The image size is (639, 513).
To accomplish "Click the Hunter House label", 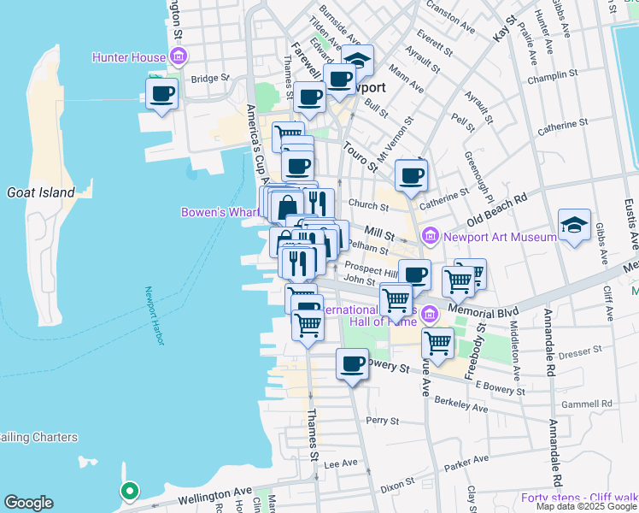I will [x=129, y=58].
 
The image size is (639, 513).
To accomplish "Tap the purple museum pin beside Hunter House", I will [x=179, y=58].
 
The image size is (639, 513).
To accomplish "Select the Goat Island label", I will [x=41, y=192].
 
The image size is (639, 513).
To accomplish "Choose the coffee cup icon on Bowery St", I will [x=352, y=364].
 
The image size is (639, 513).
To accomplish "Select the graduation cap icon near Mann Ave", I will [x=360, y=61].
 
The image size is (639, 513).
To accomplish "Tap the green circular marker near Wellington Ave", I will [x=129, y=491].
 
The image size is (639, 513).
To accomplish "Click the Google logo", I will [x=28, y=503].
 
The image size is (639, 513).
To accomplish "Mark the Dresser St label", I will [x=581, y=351].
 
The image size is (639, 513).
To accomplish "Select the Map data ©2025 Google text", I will [x=585, y=506].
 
